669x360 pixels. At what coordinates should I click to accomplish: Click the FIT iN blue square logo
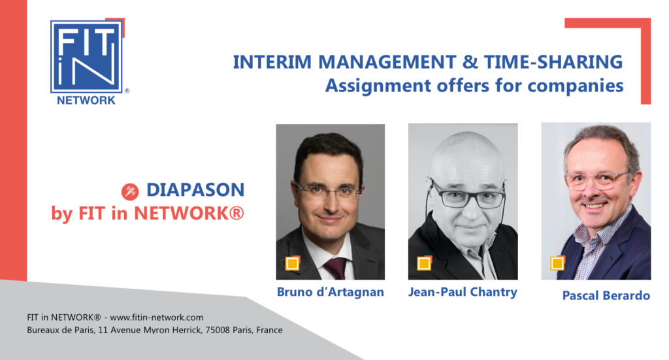point(87,56)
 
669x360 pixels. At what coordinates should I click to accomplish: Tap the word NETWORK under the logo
point(86,100)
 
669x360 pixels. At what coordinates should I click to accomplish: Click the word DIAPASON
point(195,190)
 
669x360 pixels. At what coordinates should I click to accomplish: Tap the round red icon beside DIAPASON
point(130,191)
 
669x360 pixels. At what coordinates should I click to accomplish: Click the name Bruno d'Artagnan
point(330,292)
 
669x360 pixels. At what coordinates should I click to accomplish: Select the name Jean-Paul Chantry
point(463,292)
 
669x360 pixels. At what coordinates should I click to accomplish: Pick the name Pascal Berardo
point(606,295)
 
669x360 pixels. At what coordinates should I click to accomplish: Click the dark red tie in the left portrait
point(336,268)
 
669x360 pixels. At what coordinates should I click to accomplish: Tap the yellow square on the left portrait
point(292,263)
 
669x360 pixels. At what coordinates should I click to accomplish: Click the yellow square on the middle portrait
point(424,263)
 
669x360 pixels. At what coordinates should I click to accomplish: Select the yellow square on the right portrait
point(557,263)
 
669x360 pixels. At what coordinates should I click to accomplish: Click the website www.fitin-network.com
point(157,318)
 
